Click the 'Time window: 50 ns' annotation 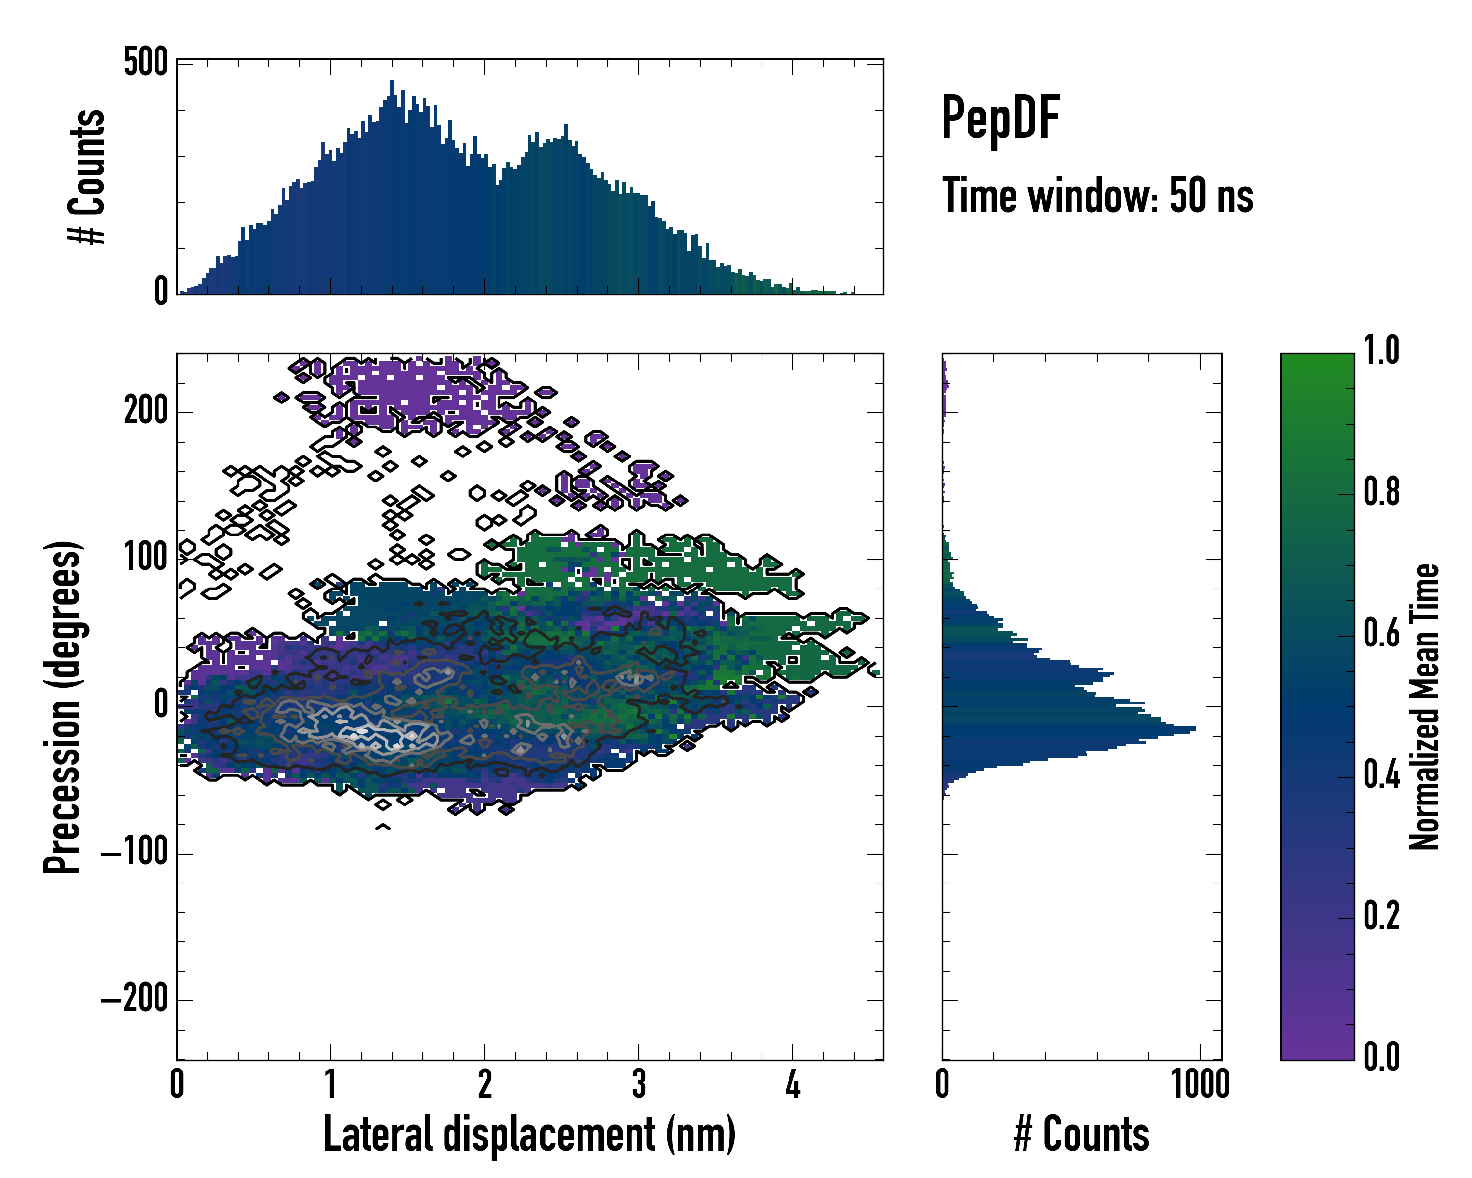coord(1097,196)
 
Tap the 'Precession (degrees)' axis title coord(62,707)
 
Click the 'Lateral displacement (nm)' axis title coord(529,1134)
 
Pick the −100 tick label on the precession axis coord(134,853)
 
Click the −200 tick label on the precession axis coord(134,1000)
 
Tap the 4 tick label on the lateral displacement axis coord(792,1084)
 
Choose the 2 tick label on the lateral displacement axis coord(485,1084)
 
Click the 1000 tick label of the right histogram coord(1200,1084)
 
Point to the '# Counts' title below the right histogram coord(1081,1134)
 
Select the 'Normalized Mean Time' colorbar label coord(1424,707)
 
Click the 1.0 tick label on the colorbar coord(1381,351)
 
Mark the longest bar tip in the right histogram coord(1194,730)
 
